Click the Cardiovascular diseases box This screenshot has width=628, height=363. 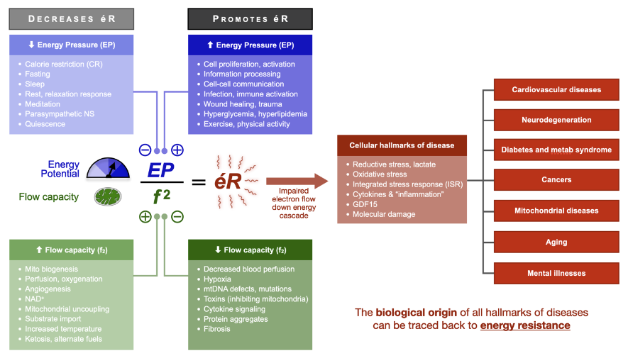point(556,90)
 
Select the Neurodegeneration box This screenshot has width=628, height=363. point(556,120)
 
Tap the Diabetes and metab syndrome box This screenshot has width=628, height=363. point(556,150)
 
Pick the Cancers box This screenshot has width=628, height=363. point(556,180)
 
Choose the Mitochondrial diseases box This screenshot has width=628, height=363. point(556,211)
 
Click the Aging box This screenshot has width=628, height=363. point(556,242)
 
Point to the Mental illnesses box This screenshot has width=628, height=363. point(556,273)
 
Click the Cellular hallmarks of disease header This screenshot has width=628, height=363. point(402,145)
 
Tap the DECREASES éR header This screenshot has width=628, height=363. point(71,19)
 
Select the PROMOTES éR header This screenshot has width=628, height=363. point(250,19)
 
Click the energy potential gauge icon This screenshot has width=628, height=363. point(108,168)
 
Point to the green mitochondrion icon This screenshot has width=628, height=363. point(108,196)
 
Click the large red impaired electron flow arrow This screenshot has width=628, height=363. point(297,181)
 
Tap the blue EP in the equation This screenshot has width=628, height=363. point(161,171)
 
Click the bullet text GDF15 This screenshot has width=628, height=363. point(365,204)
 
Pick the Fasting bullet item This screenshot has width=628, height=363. point(38,74)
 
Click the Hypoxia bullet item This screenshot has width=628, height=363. point(217,279)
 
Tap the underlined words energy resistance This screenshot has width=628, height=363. point(524,325)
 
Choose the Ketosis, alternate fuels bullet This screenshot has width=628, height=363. point(63,339)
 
